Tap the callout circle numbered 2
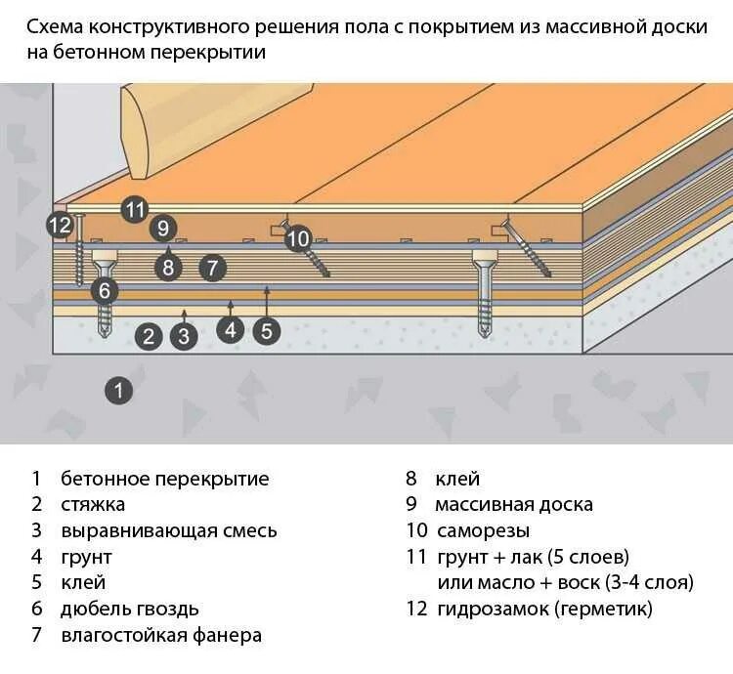149,337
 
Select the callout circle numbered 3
183,337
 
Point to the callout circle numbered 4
231,330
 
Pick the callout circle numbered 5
267,330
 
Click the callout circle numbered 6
104,290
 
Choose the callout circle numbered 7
213,267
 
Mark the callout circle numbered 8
168,267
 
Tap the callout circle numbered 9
163,229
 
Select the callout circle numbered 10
298,237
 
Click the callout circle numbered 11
134,209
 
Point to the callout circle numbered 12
60,225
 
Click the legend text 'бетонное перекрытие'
164,479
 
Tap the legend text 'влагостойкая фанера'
161,635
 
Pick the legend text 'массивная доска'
514,505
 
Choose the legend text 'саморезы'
482,531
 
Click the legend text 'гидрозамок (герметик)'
543,610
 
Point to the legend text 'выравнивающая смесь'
169,531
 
